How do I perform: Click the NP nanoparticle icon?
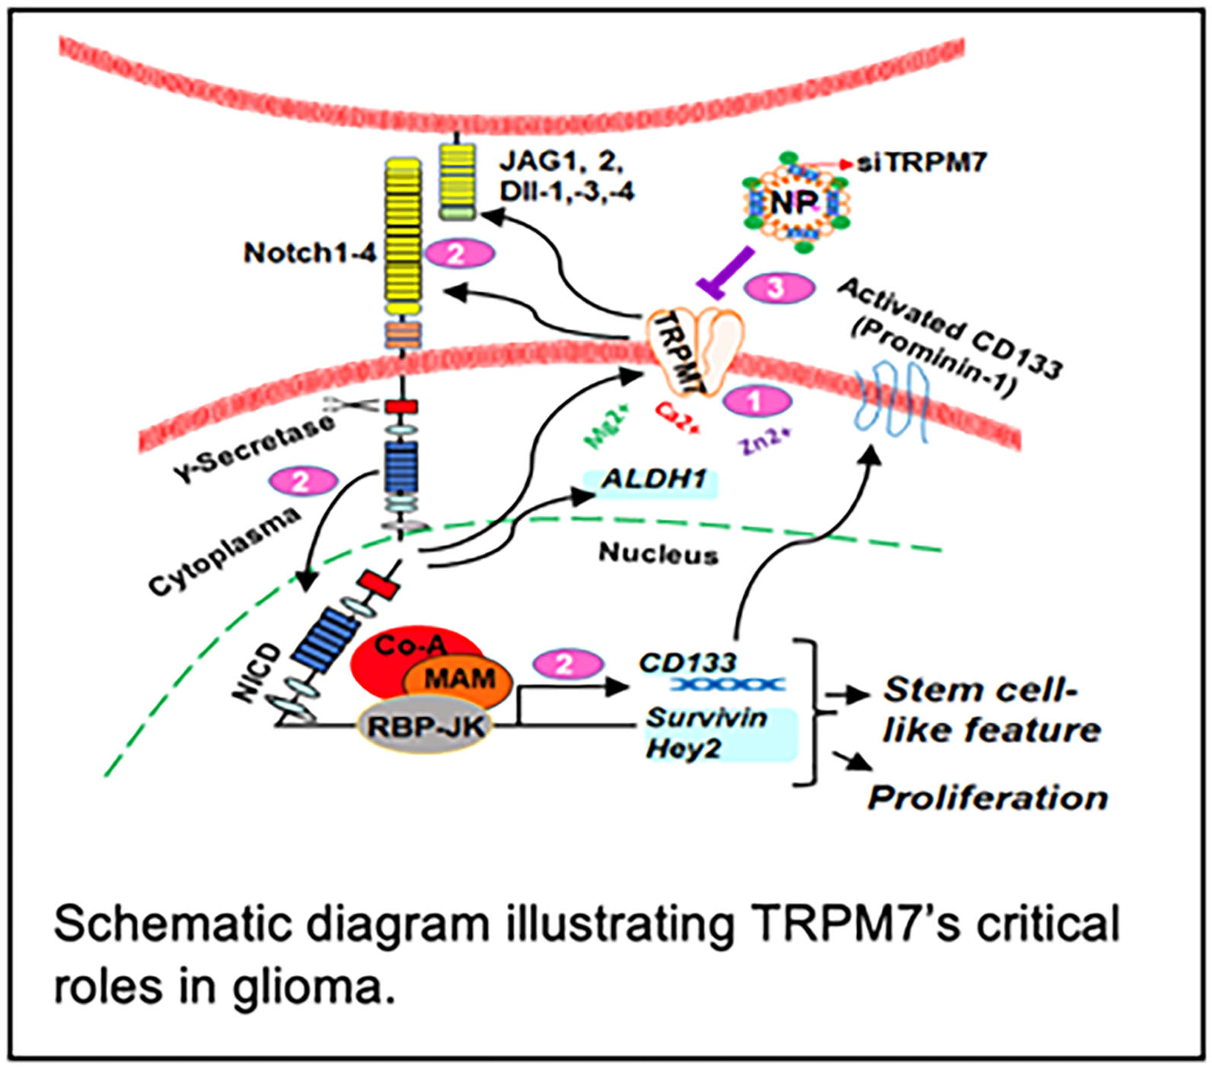(x=794, y=202)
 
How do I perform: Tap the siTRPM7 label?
(x=921, y=162)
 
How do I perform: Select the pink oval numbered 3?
(x=777, y=288)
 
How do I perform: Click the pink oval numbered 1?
(x=756, y=400)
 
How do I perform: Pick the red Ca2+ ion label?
(x=677, y=418)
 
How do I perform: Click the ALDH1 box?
(x=652, y=481)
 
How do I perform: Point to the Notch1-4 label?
(x=310, y=253)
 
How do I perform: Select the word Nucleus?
(x=658, y=554)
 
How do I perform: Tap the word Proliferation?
(x=987, y=798)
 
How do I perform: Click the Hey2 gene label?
(x=684, y=748)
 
